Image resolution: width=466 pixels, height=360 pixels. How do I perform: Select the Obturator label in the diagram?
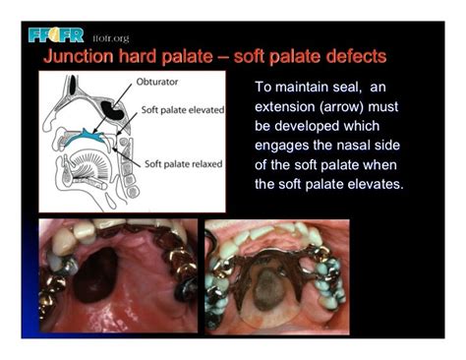(160, 86)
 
